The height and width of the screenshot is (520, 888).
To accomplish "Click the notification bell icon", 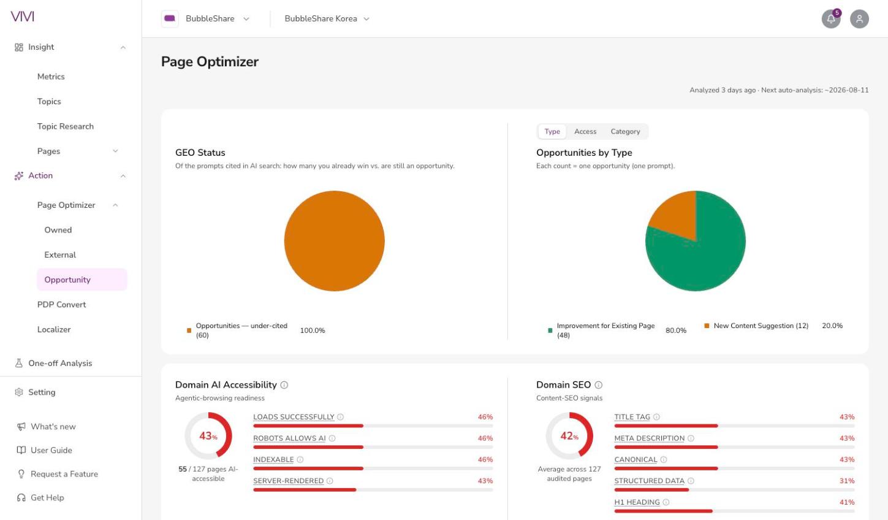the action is [x=830, y=19].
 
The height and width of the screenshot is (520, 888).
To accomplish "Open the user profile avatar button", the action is [x=859, y=19].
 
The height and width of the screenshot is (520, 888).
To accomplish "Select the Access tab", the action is [x=585, y=131].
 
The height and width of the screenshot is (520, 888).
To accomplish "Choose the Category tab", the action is [x=625, y=131].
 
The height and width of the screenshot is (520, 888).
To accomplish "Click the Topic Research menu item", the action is [x=66, y=126].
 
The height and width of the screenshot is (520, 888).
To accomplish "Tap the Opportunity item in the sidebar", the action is [x=67, y=280].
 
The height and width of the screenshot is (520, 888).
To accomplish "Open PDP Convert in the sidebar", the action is [x=61, y=305].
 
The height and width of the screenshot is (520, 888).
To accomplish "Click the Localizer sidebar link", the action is [x=54, y=330].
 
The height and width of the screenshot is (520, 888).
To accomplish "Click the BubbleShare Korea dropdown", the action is [x=327, y=18].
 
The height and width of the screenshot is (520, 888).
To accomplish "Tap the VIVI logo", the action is [x=23, y=17].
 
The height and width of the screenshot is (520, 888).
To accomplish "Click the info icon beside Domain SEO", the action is [x=599, y=384].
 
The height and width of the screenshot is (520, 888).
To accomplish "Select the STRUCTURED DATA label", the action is [x=650, y=481].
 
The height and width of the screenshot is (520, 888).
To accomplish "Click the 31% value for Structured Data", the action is [x=847, y=481].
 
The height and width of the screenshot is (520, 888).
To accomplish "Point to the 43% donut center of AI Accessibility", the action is [x=208, y=436].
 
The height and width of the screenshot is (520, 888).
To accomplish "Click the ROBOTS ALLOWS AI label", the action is [x=289, y=438].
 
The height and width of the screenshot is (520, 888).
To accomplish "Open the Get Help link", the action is [x=47, y=497].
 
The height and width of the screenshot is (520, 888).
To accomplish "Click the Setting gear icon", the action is [x=18, y=392].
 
